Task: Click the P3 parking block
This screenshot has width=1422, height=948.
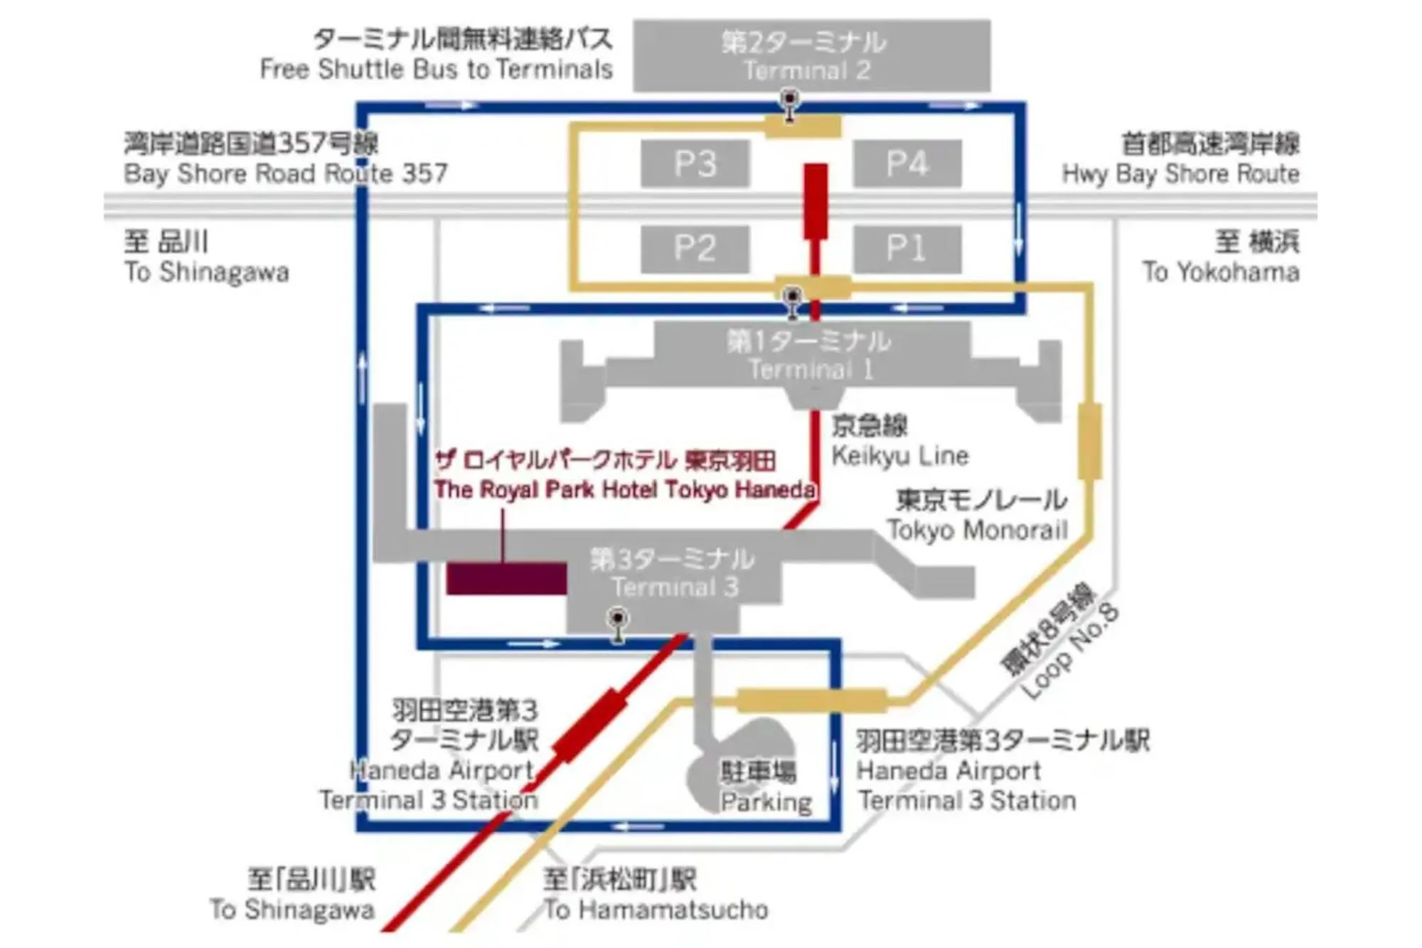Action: pyautogui.click(x=695, y=164)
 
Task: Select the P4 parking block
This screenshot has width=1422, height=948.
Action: pyautogui.click(x=907, y=164)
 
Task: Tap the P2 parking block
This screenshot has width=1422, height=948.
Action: pyautogui.click(x=695, y=249)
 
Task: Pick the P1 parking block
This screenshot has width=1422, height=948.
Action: pyautogui.click(x=907, y=249)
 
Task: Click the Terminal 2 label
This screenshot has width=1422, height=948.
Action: pyautogui.click(x=807, y=70)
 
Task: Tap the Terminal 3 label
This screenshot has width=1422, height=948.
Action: pyautogui.click(x=675, y=587)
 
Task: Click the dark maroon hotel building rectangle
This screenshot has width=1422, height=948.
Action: pyautogui.click(x=506, y=578)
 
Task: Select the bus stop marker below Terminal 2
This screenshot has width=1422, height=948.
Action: pyautogui.click(x=789, y=100)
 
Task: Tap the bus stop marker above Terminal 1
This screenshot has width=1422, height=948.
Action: pyautogui.click(x=792, y=297)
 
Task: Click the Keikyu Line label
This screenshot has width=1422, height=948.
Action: pyautogui.click(x=899, y=456)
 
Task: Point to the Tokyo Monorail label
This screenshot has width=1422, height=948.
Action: pyautogui.click(x=977, y=530)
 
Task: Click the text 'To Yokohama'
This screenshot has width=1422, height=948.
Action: pyautogui.click(x=1221, y=272)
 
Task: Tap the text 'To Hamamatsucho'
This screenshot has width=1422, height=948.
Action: pyautogui.click(x=656, y=910)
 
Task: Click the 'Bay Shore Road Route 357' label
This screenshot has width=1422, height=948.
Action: pyautogui.click(x=285, y=174)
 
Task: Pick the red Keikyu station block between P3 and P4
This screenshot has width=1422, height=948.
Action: pyautogui.click(x=816, y=201)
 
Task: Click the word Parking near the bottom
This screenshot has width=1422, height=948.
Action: pyautogui.click(x=766, y=802)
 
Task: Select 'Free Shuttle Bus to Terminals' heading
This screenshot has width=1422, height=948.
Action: pyautogui.click(x=436, y=70)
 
